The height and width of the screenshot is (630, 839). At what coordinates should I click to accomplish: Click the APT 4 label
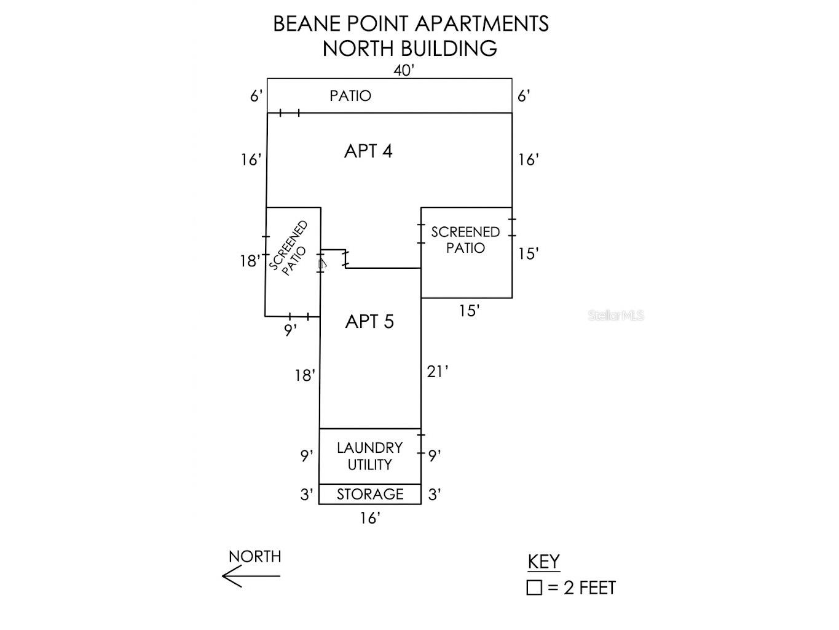368,151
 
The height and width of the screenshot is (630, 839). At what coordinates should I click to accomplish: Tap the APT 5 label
369,321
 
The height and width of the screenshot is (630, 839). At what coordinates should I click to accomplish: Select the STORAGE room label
370,494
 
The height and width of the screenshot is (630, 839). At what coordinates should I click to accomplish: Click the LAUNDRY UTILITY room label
369,456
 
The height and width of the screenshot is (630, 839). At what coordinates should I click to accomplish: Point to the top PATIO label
350,95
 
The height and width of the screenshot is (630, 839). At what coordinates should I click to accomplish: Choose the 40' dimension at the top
404,70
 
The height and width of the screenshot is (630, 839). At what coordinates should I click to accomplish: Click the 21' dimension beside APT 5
437,372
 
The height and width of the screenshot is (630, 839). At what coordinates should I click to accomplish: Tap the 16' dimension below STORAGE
370,518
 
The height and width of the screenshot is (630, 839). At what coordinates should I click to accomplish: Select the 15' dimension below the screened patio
470,311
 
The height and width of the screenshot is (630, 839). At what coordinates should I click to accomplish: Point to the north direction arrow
251,576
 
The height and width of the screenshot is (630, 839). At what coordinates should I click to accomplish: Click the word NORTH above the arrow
255,557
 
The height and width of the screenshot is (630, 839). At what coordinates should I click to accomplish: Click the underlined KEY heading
543,562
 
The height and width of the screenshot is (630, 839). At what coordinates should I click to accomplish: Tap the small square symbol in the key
534,588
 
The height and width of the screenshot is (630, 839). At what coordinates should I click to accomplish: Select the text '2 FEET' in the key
589,588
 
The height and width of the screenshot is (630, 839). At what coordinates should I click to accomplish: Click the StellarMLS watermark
616,316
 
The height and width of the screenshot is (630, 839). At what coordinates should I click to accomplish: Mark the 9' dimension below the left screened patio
291,330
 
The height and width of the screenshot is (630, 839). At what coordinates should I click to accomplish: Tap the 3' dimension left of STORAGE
307,495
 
